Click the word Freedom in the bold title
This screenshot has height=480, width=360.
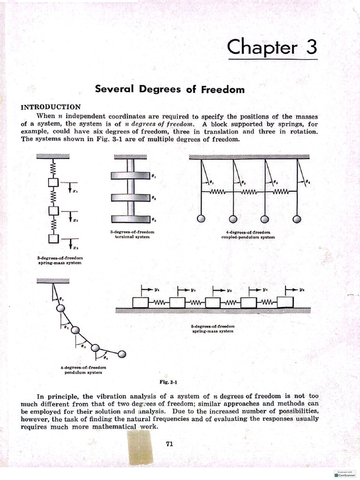coord(223,89)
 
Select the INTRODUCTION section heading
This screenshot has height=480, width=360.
coord(51,107)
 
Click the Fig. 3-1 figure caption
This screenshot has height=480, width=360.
coord(167,382)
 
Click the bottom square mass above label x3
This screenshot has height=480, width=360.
coord(53,238)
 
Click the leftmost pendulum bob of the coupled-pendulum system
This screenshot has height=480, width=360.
coord(201,219)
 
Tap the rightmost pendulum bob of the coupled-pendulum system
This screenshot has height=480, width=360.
coord(297,219)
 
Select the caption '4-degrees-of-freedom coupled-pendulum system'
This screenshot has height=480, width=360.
coord(248,235)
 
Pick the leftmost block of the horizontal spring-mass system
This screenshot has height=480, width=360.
coord(140,303)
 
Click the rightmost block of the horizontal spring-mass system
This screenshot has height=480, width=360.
coord(285,303)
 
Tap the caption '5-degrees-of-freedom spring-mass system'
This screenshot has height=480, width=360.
coord(212,329)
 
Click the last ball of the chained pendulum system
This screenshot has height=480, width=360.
coord(122,354)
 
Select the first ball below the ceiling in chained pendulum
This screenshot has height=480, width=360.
coord(60,308)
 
